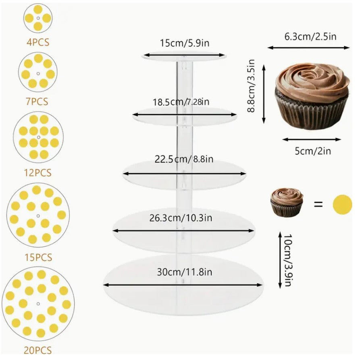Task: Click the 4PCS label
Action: point(38,42)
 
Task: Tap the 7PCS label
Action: point(38,102)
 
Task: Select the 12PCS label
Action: point(38,173)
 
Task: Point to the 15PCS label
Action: point(38,257)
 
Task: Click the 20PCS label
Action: point(38,350)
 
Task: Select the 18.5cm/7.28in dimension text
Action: point(181,102)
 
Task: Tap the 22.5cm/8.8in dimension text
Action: point(184,159)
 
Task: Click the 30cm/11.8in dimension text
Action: point(184,272)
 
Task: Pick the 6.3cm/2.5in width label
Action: point(310,37)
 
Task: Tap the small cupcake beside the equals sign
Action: point(287,202)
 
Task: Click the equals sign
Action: point(318,204)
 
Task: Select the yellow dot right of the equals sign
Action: point(342,204)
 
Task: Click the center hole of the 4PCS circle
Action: point(38,19)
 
